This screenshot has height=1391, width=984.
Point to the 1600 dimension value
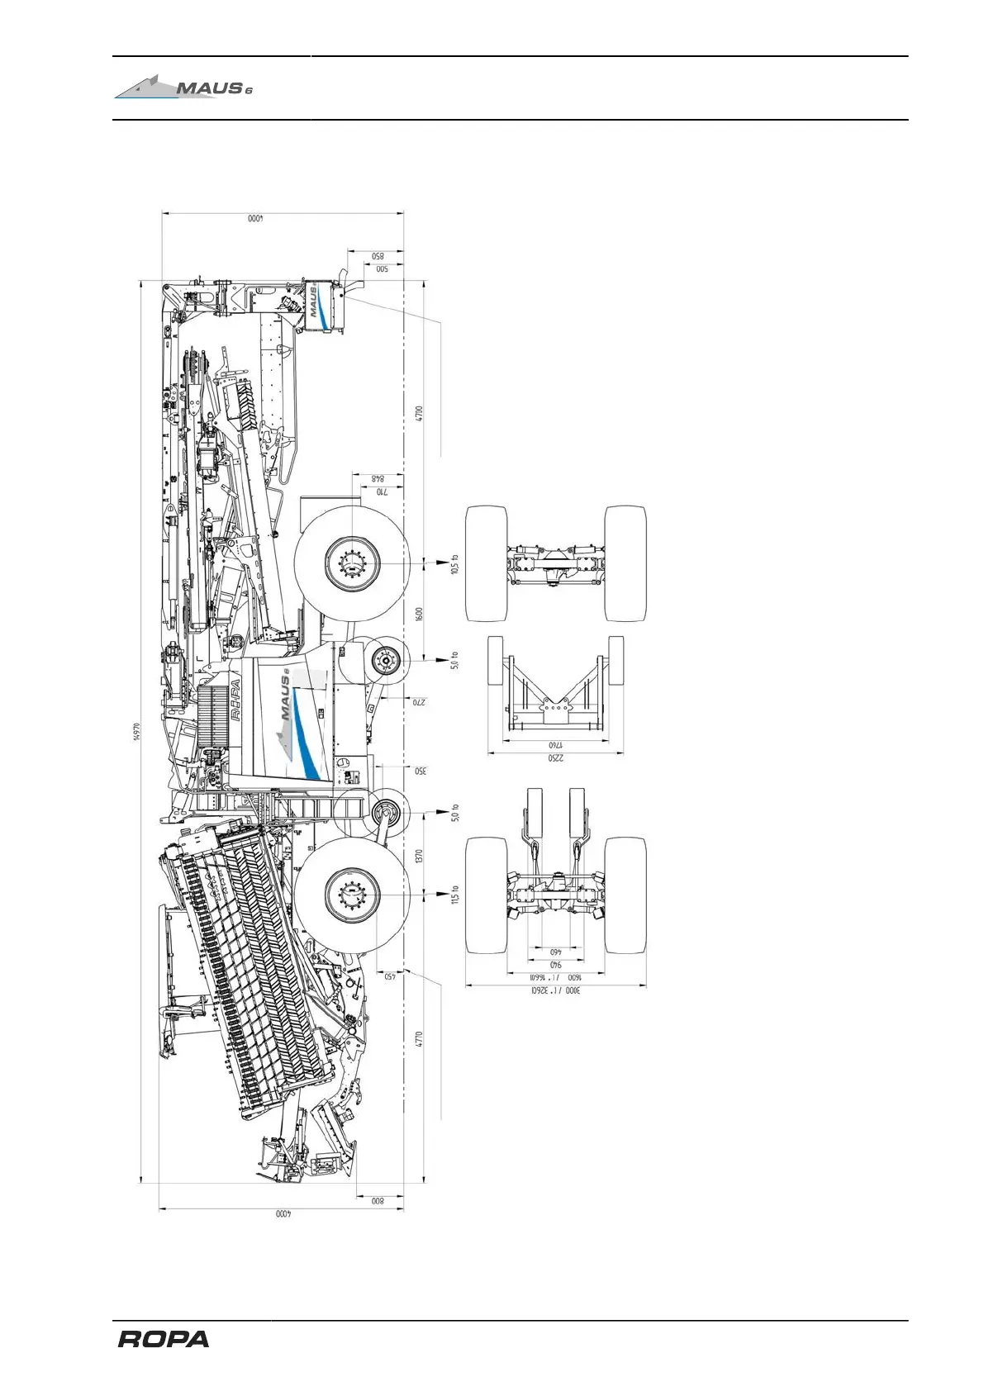(419, 614)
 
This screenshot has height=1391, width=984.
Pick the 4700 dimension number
(419, 413)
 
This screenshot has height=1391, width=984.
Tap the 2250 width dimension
(554, 758)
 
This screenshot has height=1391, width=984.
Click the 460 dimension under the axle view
(555, 952)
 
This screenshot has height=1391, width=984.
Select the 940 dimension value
(555, 965)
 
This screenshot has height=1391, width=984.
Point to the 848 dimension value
(378, 479)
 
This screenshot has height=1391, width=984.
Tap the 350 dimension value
(419, 771)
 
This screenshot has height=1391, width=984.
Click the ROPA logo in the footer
(164, 1340)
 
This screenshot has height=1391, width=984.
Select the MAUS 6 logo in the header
(183, 86)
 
